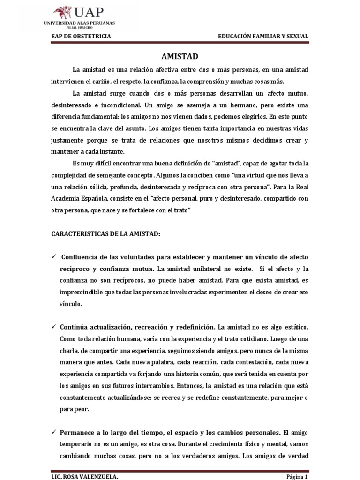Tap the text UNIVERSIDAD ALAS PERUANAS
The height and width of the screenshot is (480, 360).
coord(80,22)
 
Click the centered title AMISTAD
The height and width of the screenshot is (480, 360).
coord(180,57)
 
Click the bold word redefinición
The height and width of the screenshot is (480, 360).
coord(192,326)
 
